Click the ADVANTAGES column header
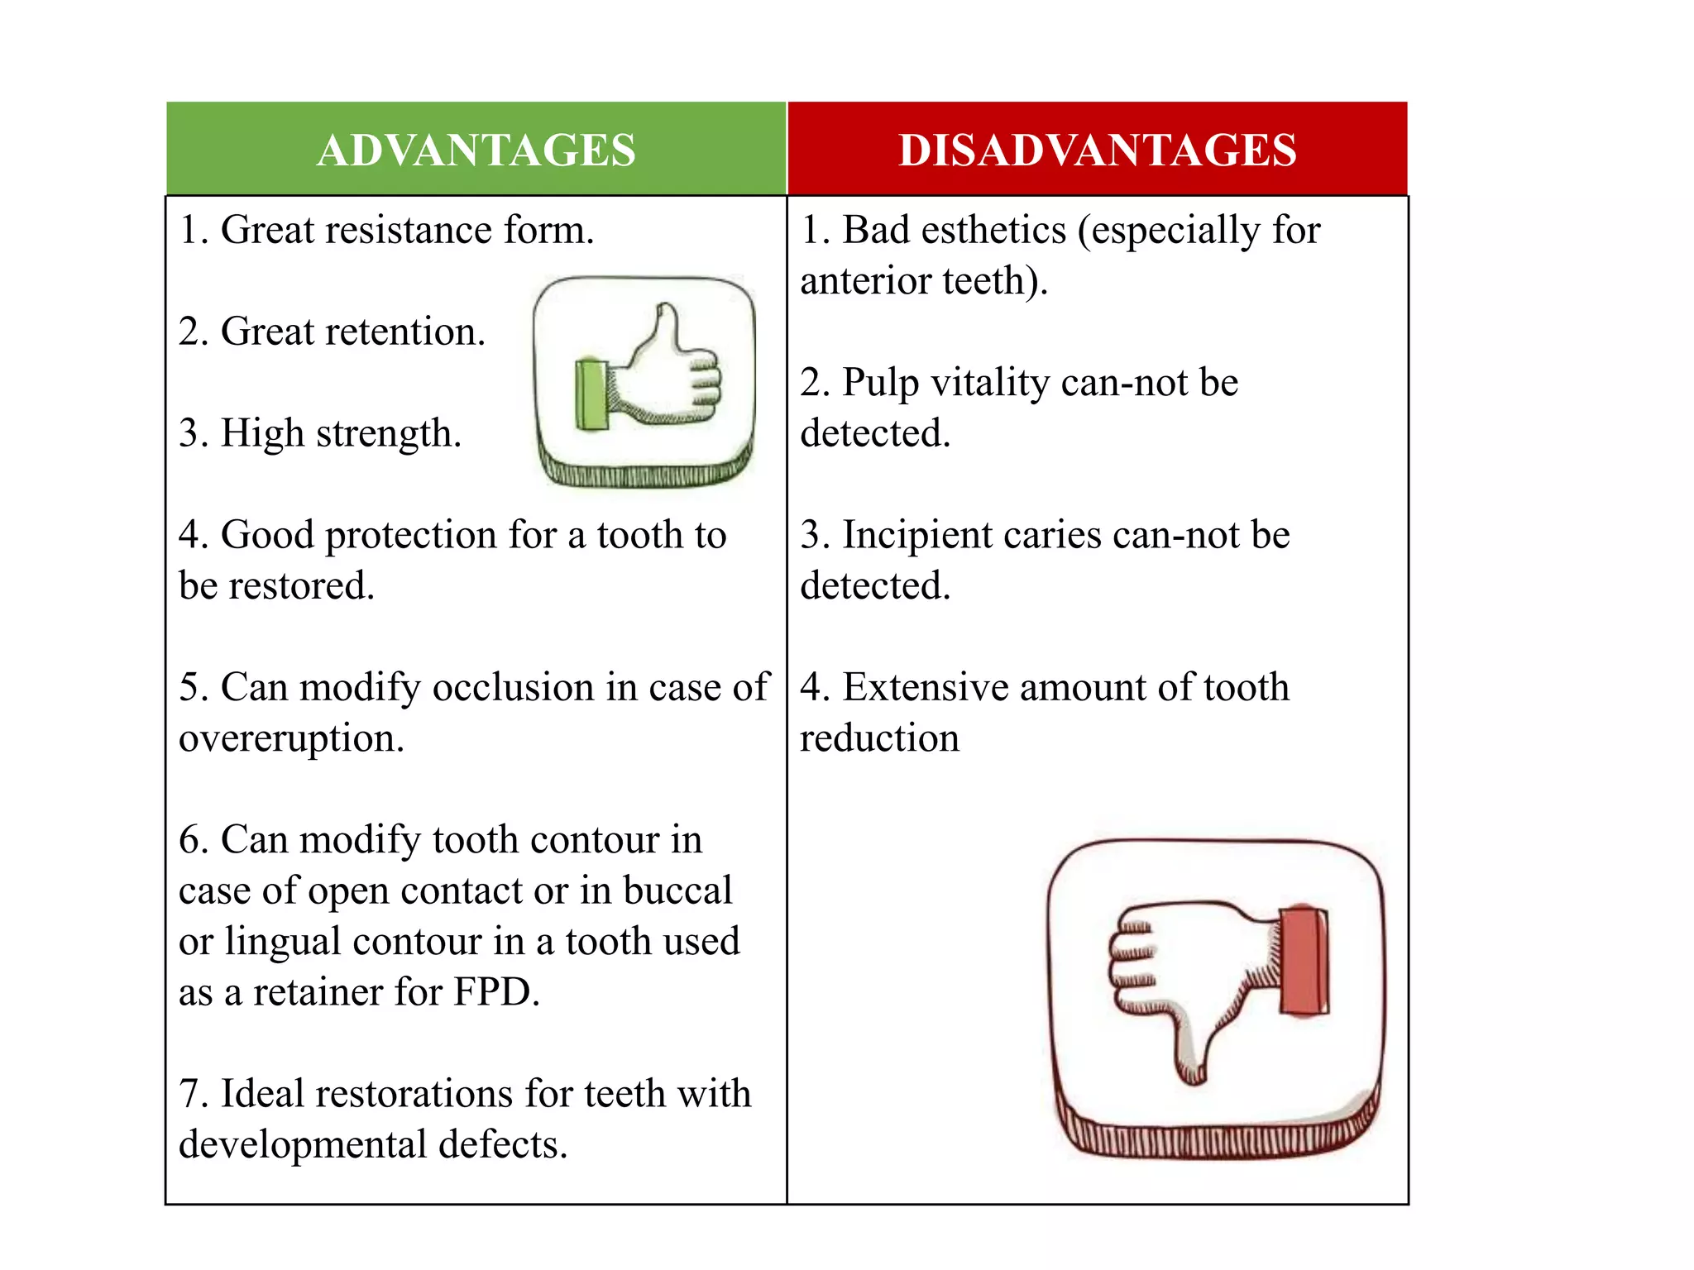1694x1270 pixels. (x=476, y=150)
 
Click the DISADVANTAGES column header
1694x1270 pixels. (x=1097, y=150)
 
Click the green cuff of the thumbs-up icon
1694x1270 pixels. (x=591, y=394)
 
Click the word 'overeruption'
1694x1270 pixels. (x=290, y=738)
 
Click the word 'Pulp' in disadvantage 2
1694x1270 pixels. (x=880, y=384)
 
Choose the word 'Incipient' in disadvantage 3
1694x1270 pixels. (x=919, y=536)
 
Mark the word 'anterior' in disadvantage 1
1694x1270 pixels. (x=866, y=281)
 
